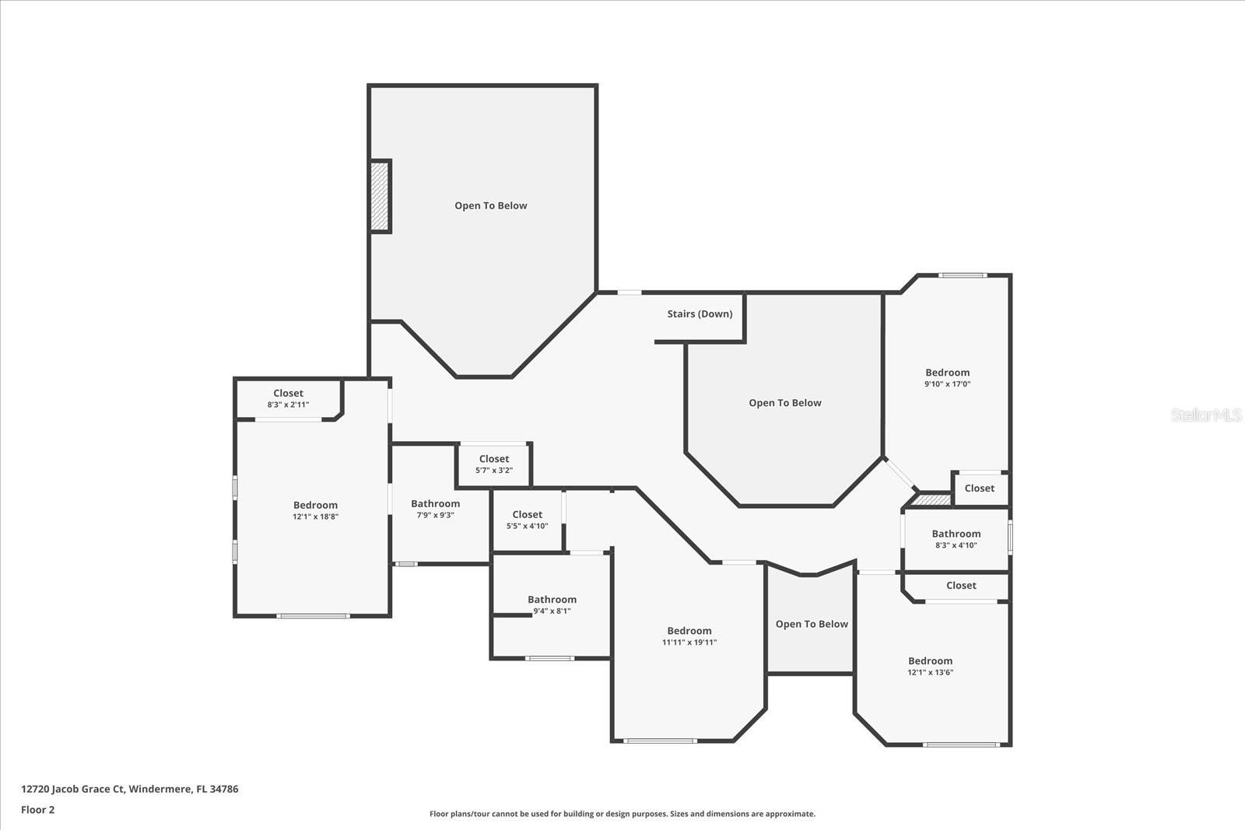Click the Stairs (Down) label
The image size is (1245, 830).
tap(700, 314)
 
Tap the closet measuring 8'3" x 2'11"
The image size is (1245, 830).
tap(288, 398)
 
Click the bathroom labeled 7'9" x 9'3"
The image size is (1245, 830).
tap(435, 509)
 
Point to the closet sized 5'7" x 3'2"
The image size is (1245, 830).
tap(494, 464)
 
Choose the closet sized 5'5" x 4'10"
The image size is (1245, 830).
tap(527, 520)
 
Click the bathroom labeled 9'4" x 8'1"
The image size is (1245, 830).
tap(552, 604)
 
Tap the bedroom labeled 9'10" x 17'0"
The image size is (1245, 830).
tap(947, 378)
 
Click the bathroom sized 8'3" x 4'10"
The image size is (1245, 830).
tap(956, 539)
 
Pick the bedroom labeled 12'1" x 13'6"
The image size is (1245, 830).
tap(930, 666)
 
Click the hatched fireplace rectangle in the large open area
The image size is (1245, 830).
tap(380, 196)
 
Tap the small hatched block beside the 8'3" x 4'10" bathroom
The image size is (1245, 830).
tap(932, 500)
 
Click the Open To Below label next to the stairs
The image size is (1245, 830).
tap(784, 403)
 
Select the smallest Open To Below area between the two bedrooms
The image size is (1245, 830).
tap(811, 624)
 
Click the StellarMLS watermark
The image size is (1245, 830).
tap(1205, 415)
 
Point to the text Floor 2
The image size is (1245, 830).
tap(38, 810)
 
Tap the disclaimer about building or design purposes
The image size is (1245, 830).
tap(622, 814)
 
